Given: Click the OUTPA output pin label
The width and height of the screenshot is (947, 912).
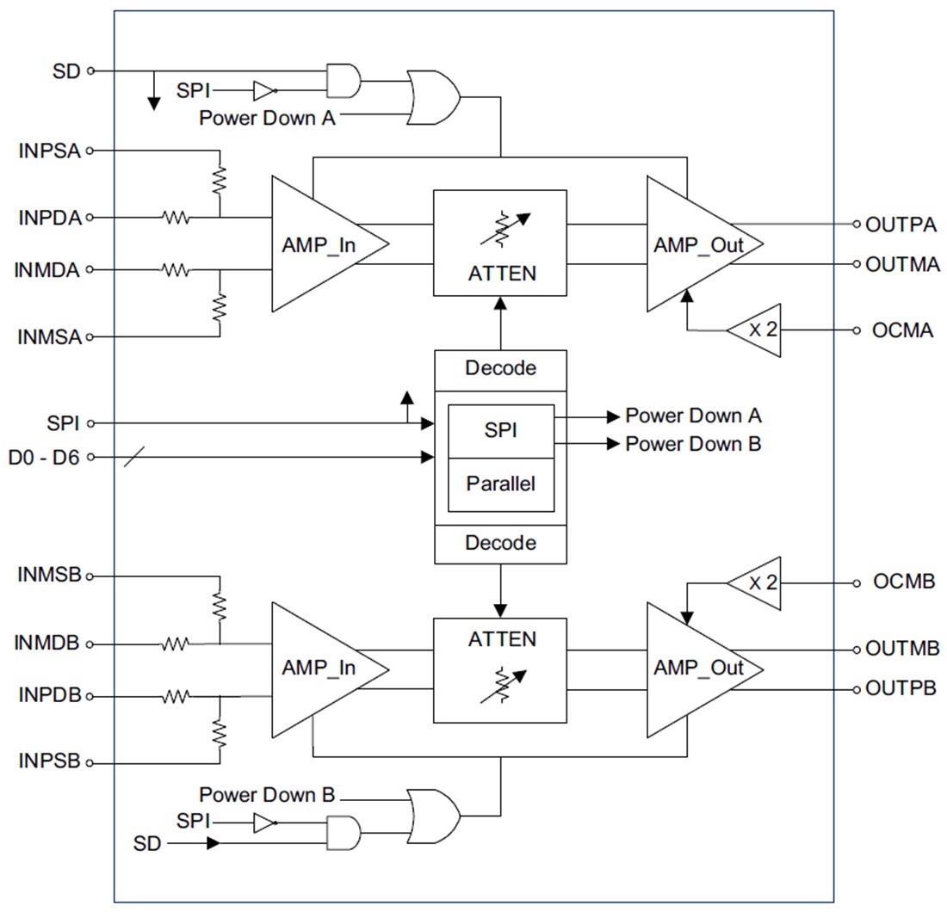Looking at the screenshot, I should coord(901,225).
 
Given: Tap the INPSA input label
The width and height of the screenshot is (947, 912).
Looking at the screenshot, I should coord(49,151).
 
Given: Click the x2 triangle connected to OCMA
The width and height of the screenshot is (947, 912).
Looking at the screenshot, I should coord(757,330).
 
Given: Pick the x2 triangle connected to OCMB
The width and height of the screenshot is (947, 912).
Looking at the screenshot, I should coord(757,582).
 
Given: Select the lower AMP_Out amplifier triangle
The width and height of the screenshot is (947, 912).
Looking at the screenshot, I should coord(697,669).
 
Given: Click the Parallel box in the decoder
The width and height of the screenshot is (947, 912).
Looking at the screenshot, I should coord(500,484).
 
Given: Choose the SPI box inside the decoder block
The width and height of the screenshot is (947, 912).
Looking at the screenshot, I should coord(500,430).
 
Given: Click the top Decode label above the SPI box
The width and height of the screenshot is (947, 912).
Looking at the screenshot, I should coord(500,368).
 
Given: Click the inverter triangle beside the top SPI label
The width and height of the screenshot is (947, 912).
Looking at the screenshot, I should coord(263,90).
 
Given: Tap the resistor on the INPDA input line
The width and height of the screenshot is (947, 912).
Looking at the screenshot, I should coord(176,219).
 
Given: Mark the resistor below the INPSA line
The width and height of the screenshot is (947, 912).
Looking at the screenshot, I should coord(220,180).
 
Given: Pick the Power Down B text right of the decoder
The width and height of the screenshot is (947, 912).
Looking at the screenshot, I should coord(692,444).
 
